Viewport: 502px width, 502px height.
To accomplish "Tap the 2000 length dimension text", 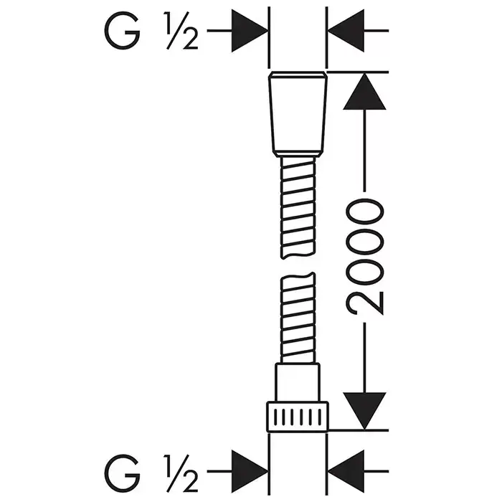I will (366, 257).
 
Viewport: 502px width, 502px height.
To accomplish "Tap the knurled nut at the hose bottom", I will (297, 417).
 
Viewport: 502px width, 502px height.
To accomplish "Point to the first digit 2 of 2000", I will (366, 297).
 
